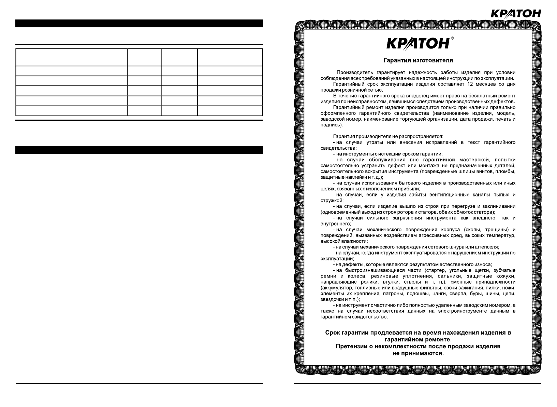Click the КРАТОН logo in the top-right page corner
tap(515, 13)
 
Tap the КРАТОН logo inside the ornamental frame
tap(418, 43)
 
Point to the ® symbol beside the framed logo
tap(452, 38)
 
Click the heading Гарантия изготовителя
tap(418, 60)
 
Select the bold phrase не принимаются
tap(417, 353)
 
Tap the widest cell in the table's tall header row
tap(72, 57)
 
